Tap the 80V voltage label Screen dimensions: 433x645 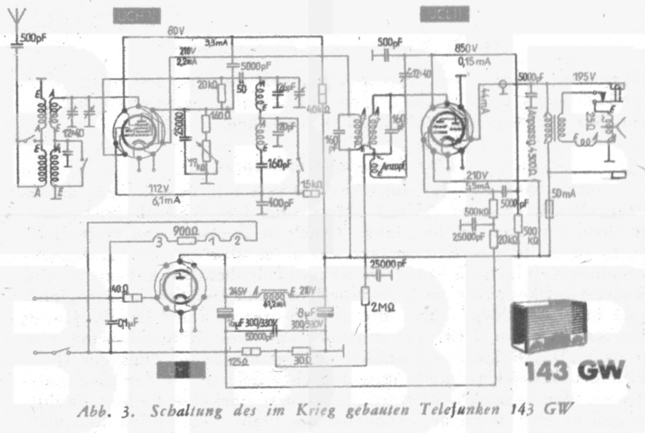coord(175,32)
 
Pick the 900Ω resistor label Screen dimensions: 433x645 coord(186,231)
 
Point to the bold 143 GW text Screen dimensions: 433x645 coord(576,371)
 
